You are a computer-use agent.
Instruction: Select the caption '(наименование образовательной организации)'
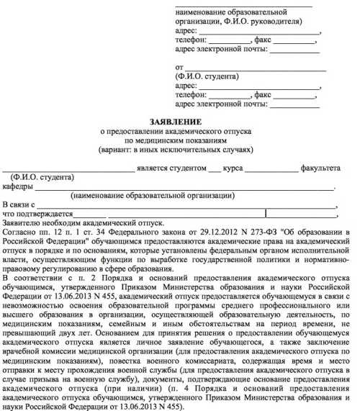(x=152, y=196)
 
